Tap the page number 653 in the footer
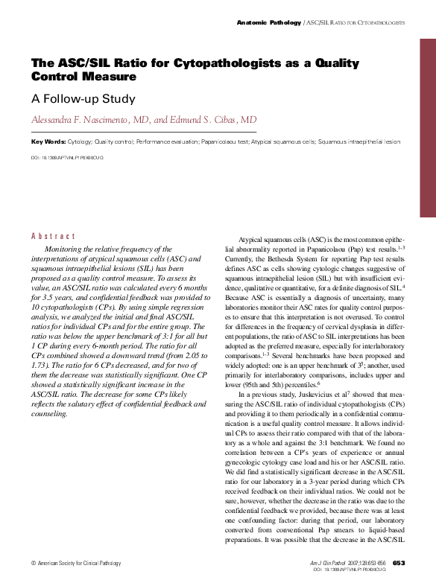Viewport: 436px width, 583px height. click(399, 562)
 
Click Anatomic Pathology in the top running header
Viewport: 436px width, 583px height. click(269, 24)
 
